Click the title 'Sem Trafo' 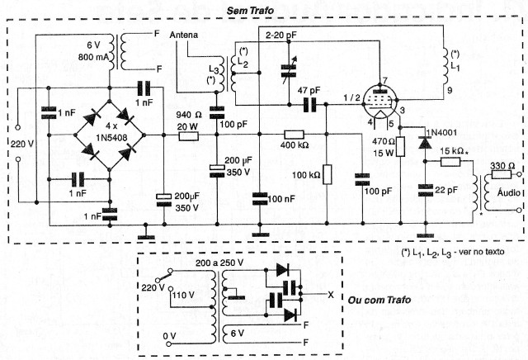click(x=250, y=11)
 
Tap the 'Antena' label click(x=183, y=35)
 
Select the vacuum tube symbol click(x=381, y=100)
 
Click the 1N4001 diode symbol click(x=426, y=143)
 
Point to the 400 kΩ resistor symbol click(x=294, y=135)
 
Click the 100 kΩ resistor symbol click(x=327, y=174)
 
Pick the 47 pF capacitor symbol click(x=310, y=105)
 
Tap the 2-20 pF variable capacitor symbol click(x=289, y=72)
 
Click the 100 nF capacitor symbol click(x=260, y=199)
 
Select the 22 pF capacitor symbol click(x=426, y=190)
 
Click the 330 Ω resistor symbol click(x=501, y=174)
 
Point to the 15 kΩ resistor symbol click(x=450, y=162)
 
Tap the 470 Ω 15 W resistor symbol click(x=400, y=147)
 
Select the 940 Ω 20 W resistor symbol click(x=188, y=136)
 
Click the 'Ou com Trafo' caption click(x=379, y=300)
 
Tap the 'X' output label click(x=331, y=295)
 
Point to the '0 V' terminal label click(x=169, y=336)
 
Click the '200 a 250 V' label click(x=219, y=263)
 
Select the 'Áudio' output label click(x=508, y=192)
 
